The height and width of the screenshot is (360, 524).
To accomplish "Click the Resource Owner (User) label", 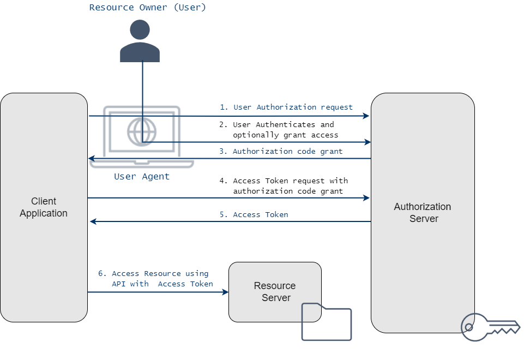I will point(148,8).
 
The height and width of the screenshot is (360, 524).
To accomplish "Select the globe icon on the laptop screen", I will point(142,131).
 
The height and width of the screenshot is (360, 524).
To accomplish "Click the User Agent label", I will point(142,177).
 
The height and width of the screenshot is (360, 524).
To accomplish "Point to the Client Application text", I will point(44,207).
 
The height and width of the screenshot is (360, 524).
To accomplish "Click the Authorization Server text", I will point(423,213).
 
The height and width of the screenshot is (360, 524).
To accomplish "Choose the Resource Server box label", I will point(275,292).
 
